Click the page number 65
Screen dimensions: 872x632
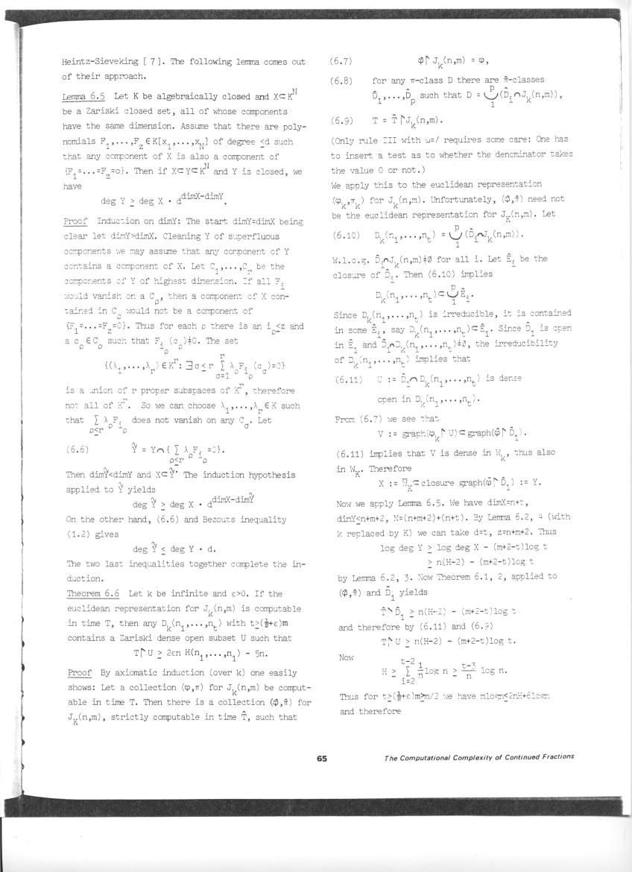click(x=322, y=758)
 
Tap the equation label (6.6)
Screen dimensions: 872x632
click(x=78, y=449)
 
